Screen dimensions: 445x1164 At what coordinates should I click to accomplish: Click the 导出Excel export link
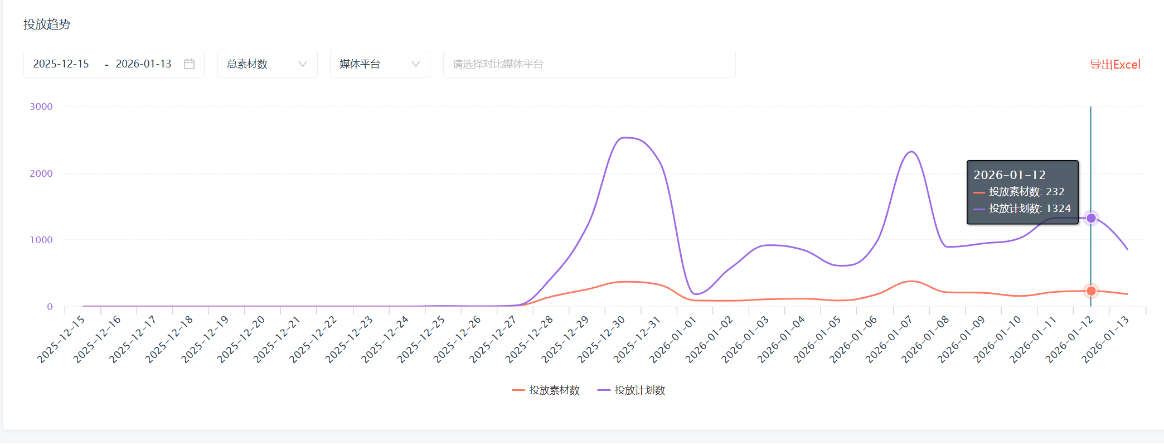point(1114,65)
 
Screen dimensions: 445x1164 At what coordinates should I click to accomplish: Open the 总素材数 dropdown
point(267,64)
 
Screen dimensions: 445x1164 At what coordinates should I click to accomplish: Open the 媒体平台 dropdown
point(380,64)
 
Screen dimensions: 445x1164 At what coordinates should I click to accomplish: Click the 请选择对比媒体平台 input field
point(589,64)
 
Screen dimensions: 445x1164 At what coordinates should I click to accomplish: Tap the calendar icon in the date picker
point(190,64)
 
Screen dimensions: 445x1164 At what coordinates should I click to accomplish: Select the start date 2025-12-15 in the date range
point(61,64)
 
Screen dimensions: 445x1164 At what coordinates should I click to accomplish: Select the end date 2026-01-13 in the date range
point(143,64)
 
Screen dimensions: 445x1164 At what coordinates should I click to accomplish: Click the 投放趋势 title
point(47,25)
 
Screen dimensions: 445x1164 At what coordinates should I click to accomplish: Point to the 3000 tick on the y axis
point(41,107)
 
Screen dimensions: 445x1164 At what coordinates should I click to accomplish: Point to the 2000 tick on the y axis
point(41,173)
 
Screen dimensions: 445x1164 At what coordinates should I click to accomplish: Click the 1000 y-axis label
point(41,240)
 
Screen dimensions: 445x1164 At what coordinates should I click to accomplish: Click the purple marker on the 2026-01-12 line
point(1091,218)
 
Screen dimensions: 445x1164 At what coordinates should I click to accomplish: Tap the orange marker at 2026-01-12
point(1091,291)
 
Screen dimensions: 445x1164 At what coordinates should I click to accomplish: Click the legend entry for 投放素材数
point(546,390)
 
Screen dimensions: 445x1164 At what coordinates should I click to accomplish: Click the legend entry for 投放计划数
point(632,390)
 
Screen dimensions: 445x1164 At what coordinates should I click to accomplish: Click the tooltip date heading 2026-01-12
point(1009,175)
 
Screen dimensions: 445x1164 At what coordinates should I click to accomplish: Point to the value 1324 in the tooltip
point(1058,209)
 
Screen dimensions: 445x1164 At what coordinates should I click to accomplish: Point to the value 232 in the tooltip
point(1055,192)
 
